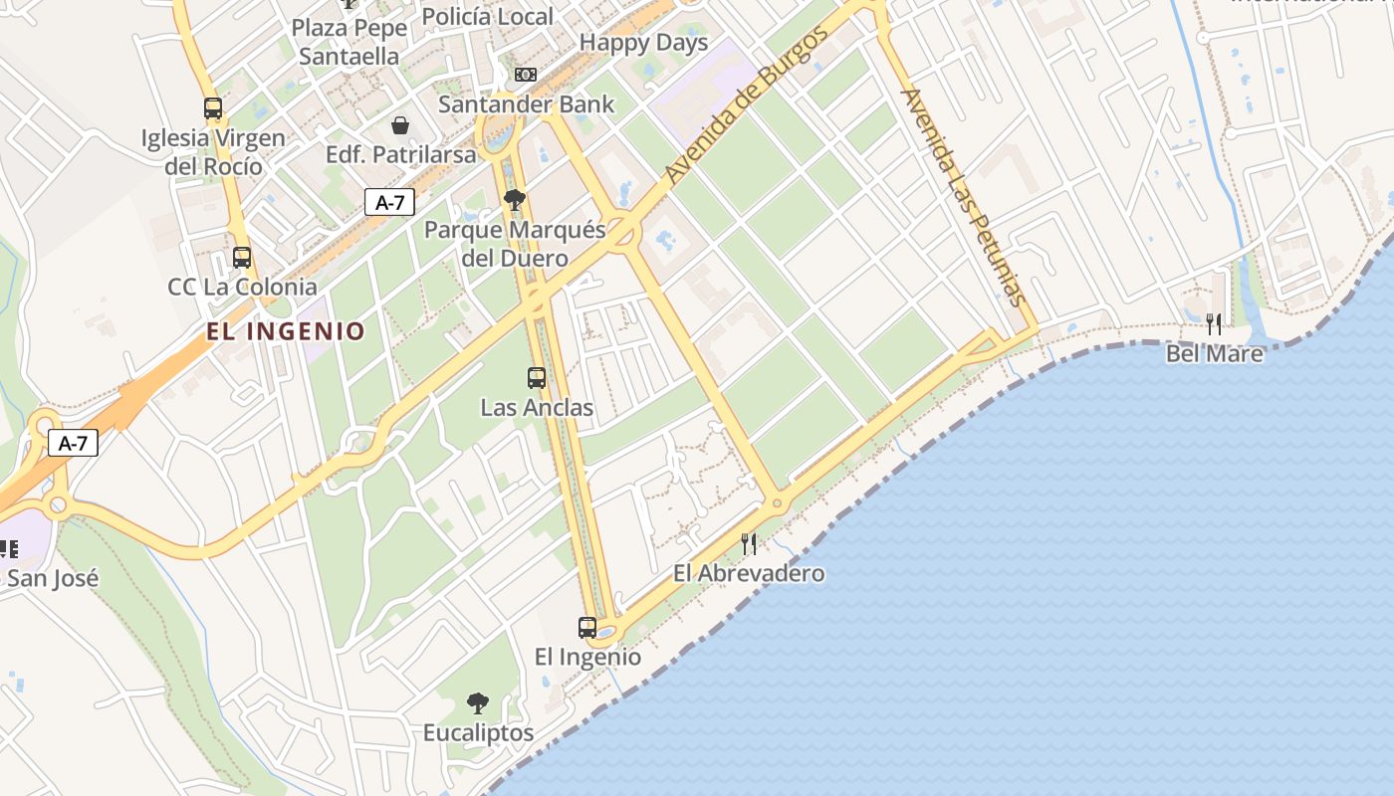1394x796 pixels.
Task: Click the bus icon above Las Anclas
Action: [x=537, y=378]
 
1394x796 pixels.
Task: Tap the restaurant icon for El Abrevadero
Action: [x=749, y=543]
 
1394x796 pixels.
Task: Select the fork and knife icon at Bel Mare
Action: [x=1214, y=323]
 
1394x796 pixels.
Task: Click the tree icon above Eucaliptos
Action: [x=478, y=703]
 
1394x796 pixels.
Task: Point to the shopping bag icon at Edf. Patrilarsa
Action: [x=399, y=125]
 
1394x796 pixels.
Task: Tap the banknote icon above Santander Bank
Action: [x=525, y=75]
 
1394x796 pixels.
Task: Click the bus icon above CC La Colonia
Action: [x=242, y=258]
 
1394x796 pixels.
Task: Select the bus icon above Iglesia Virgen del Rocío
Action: [x=213, y=108]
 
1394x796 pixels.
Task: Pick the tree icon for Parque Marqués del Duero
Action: [x=515, y=201]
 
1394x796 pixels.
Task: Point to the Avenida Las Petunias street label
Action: [x=963, y=196]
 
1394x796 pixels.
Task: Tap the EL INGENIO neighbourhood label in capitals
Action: [x=287, y=331]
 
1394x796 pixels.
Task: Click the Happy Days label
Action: [x=643, y=43]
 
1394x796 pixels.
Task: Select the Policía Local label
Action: [x=487, y=17]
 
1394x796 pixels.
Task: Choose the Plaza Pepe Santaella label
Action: [x=349, y=42]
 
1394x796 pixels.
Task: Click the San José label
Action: [x=53, y=578]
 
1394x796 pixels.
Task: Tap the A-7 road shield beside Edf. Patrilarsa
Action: [x=389, y=202]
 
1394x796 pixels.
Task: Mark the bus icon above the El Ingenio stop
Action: [x=587, y=628]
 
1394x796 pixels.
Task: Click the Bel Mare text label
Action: [x=1214, y=353]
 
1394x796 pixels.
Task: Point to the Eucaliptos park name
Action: [x=478, y=733]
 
